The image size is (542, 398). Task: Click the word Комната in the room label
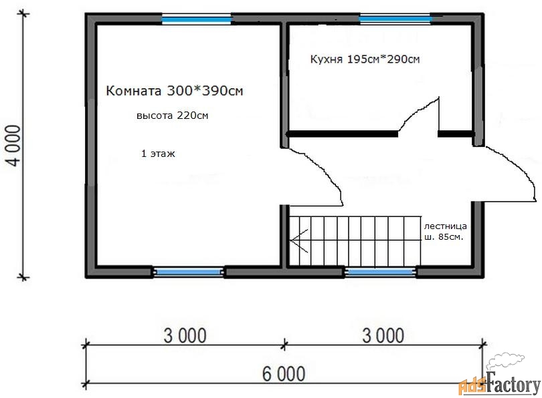(133, 91)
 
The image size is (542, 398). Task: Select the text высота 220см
(173, 115)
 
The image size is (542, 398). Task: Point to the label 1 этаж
(158, 154)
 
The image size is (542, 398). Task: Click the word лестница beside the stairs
(445, 226)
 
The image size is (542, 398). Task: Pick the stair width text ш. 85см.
(444, 237)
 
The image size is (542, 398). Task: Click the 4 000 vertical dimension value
(14, 146)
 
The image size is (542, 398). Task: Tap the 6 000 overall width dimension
(284, 374)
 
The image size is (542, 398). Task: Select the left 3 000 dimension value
(185, 336)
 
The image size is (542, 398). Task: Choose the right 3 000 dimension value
(383, 336)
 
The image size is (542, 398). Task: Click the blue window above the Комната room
(196, 19)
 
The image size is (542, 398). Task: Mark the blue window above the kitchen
(395, 19)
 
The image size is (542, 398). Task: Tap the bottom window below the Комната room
(188, 272)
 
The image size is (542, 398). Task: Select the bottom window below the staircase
(380, 272)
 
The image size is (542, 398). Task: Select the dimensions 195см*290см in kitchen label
(383, 59)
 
